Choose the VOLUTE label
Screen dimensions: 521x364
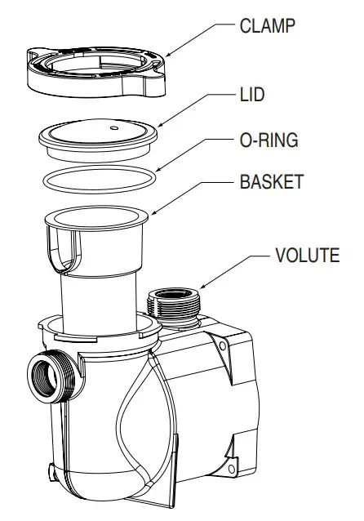tap(307, 256)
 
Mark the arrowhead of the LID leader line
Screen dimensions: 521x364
tap(158, 126)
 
